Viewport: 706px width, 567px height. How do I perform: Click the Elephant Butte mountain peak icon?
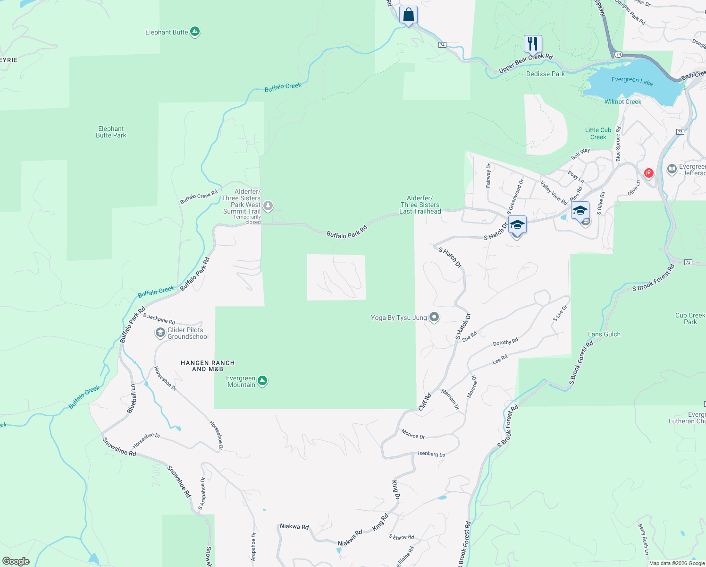point(194,32)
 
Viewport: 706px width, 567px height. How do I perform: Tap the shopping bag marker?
point(408,15)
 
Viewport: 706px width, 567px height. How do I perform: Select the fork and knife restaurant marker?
point(532,44)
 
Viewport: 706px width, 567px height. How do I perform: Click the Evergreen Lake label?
point(632,81)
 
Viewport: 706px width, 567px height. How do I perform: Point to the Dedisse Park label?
point(545,74)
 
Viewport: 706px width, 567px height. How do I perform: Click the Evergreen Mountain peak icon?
point(262,381)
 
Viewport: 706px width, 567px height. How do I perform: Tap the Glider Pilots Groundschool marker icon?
point(160,333)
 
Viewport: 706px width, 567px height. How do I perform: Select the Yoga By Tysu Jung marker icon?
point(434,318)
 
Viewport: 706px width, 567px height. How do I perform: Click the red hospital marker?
point(649,173)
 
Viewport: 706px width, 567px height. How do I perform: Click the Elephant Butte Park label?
point(111,132)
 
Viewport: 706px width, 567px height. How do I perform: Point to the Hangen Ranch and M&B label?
point(208,366)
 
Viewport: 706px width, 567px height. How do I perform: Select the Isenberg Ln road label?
point(431,454)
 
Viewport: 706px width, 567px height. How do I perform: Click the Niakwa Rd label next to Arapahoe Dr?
point(294,526)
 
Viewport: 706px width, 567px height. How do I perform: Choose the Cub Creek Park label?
point(690,318)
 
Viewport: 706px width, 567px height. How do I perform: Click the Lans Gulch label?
point(604,334)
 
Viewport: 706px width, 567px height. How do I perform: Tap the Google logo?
point(16,561)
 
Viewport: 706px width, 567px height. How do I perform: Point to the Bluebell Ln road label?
point(133,399)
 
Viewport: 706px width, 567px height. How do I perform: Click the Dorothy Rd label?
point(505,342)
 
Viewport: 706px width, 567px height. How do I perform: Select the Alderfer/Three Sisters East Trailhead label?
point(420,205)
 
